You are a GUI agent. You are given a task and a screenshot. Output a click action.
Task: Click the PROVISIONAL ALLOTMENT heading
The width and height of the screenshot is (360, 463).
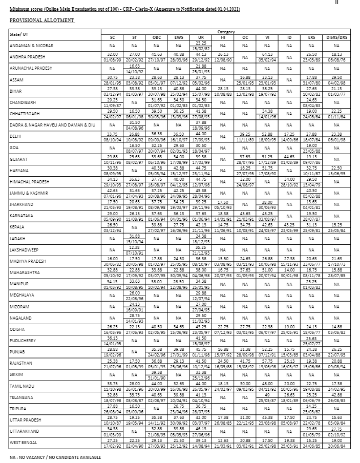[x=42, y=20]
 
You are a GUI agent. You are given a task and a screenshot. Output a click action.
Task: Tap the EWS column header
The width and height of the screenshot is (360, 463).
[x=178, y=37]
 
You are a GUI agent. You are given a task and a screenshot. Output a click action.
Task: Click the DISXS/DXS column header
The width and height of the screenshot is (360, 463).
[x=336, y=37]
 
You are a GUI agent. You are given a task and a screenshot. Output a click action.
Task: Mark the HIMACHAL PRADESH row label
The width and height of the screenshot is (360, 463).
[x=29, y=182]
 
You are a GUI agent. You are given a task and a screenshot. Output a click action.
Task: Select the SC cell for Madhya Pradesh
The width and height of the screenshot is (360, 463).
[x=112, y=261]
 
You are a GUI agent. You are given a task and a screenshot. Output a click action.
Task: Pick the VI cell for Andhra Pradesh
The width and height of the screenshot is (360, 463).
[x=267, y=56]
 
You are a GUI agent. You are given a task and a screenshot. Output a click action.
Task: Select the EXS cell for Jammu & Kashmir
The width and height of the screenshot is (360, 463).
[x=312, y=193]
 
